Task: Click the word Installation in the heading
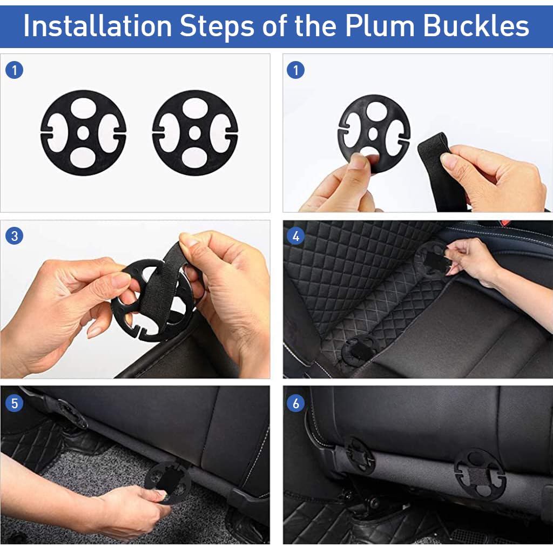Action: click(98, 26)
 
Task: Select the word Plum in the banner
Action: click(380, 26)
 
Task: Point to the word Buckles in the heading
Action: click(476, 26)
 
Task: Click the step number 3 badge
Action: click(15, 236)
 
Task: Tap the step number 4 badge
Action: click(296, 236)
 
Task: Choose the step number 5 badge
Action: click(15, 403)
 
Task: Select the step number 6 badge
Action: click(296, 403)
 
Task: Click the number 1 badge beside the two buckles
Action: click(15, 70)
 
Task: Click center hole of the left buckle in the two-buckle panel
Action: click(83, 133)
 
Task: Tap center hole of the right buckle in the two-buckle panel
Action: click(195, 133)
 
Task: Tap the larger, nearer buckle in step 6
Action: click(480, 475)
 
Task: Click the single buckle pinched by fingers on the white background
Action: click(374, 134)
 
